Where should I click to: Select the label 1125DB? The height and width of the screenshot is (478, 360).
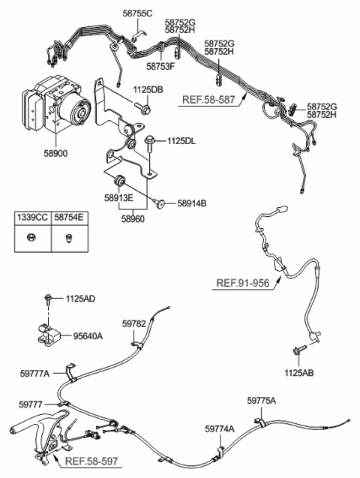pos(148,90)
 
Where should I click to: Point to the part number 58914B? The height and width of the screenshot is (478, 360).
pos(193,203)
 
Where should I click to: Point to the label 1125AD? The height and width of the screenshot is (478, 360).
pos(79,299)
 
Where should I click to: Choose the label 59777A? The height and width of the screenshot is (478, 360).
pos(35,373)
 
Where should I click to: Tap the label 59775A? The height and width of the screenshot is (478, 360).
pos(261,401)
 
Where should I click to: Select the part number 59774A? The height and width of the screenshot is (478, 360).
pos(219,428)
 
